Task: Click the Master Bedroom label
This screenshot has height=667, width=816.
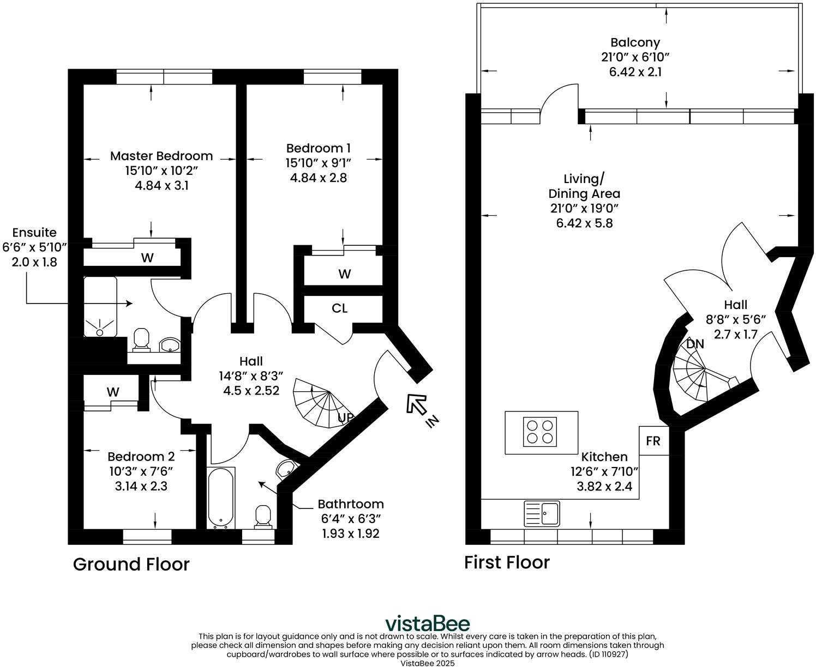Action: click(161, 156)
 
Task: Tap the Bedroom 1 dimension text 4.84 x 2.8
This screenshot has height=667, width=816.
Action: click(318, 178)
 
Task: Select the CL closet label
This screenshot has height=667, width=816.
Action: click(339, 308)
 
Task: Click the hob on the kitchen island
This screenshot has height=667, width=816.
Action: click(540, 432)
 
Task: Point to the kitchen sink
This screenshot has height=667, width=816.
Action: click(542, 513)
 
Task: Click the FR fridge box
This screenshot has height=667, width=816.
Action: click(653, 441)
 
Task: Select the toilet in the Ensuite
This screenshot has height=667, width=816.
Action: click(141, 339)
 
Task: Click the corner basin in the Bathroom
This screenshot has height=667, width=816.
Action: click(285, 469)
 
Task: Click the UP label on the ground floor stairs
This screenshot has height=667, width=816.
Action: click(345, 417)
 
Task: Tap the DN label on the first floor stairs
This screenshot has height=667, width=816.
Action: click(695, 344)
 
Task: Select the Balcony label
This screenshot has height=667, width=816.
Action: click(635, 43)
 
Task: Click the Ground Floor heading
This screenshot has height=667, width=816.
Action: click(131, 565)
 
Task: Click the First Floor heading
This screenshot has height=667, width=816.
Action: click(507, 562)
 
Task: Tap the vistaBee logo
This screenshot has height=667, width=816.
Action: click(428, 624)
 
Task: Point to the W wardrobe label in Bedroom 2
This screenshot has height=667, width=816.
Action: click(113, 392)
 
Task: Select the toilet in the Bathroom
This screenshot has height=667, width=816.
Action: click(263, 516)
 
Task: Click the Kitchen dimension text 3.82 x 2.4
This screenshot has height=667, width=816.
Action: click(604, 486)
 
